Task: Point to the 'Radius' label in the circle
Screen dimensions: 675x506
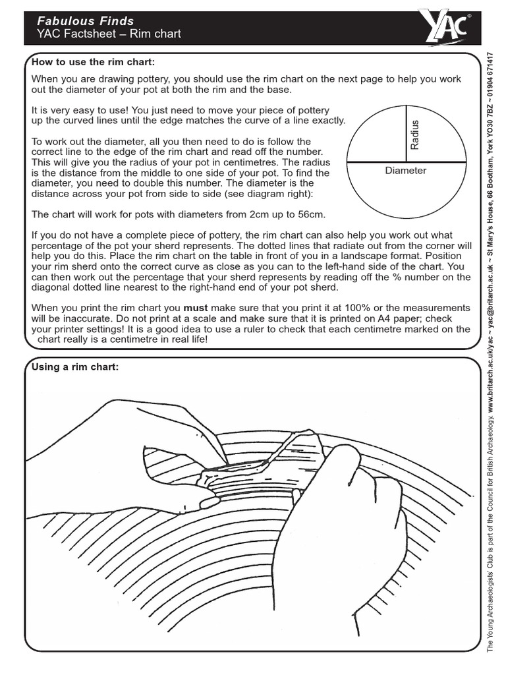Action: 414,134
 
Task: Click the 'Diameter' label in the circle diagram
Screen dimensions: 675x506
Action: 405,171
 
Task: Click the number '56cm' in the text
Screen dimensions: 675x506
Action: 310,215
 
